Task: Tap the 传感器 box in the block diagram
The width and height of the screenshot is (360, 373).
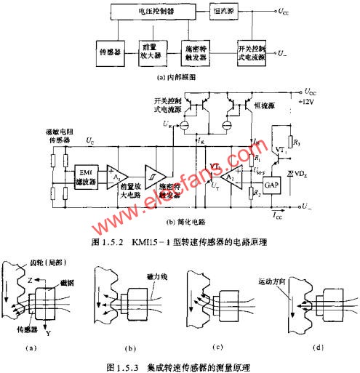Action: click(x=112, y=52)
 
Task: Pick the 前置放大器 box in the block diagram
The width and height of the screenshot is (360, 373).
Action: click(x=153, y=52)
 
